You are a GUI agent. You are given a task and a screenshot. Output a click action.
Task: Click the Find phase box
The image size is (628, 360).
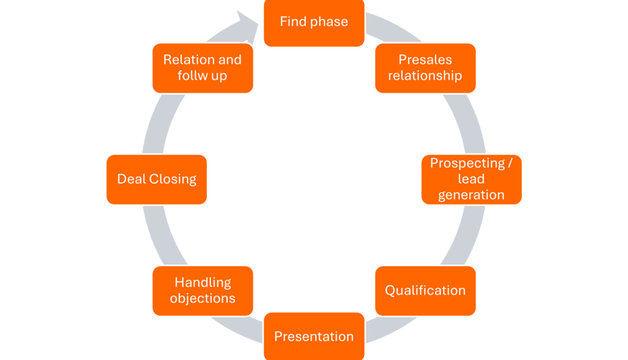[313, 22]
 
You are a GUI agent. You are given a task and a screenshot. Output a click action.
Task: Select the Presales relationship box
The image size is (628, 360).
[424, 68]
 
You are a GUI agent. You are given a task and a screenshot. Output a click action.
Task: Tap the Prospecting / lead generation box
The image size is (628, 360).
[471, 178]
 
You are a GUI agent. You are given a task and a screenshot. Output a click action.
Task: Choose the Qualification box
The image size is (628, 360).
[424, 290]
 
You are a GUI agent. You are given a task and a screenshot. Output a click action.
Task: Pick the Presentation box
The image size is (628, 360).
[313, 336]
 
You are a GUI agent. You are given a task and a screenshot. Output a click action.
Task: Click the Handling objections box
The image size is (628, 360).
[202, 290]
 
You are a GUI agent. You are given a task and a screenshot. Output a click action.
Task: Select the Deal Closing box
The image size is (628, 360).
[156, 178]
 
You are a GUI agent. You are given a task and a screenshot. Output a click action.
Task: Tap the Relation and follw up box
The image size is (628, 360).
[202, 68]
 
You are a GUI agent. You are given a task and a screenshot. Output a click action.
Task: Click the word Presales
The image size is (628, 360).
[425, 60]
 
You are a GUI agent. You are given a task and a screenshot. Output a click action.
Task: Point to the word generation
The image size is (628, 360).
[471, 195]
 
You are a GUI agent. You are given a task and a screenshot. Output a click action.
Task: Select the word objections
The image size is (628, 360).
[203, 299]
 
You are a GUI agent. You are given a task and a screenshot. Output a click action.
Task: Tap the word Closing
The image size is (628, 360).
[173, 178]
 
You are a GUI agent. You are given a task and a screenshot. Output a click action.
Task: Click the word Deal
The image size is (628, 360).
[131, 178]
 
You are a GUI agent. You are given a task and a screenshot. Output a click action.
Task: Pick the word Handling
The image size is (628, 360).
[203, 282]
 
